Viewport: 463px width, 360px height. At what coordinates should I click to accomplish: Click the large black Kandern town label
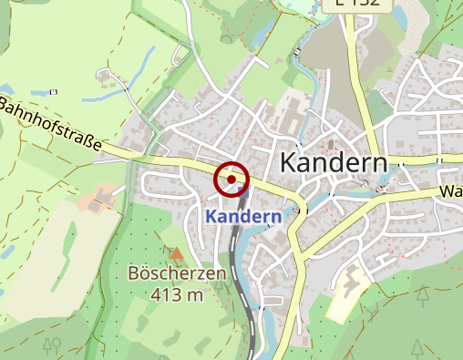pyautogui.click(x=333, y=163)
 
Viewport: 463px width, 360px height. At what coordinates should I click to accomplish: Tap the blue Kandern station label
pyautogui.click(x=242, y=217)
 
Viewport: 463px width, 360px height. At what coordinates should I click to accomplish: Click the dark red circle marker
pyautogui.click(x=231, y=180)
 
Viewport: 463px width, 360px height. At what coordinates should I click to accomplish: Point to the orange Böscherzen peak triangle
pyautogui.click(x=176, y=252)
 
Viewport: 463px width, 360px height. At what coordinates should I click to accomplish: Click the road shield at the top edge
pyautogui.click(x=357, y=5)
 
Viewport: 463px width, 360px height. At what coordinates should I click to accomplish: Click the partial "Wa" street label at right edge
pyautogui.click(x=450, y=192)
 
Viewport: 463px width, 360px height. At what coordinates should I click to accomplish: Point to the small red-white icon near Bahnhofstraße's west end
pyautogui.click(x=55, y=91)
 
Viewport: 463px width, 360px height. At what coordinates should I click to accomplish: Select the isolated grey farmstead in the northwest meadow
pyautogui.click(x=108, y=74)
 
